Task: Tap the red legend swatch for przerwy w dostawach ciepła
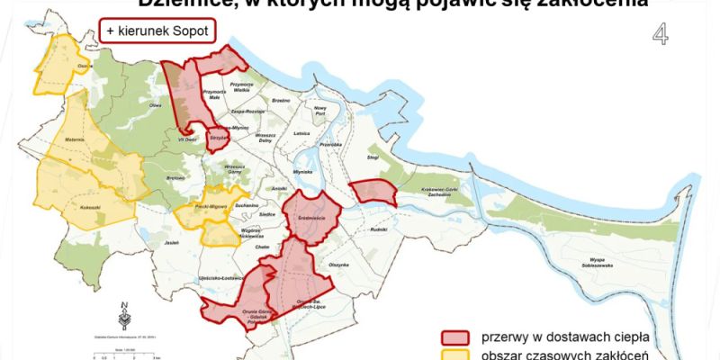click(x=457, y=337)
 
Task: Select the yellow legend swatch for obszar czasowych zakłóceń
click(x=457, y=355)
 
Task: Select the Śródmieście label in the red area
click(x=309, y=216)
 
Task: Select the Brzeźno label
click(x=281, y=101)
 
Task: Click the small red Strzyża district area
click(x=216, y=139)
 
